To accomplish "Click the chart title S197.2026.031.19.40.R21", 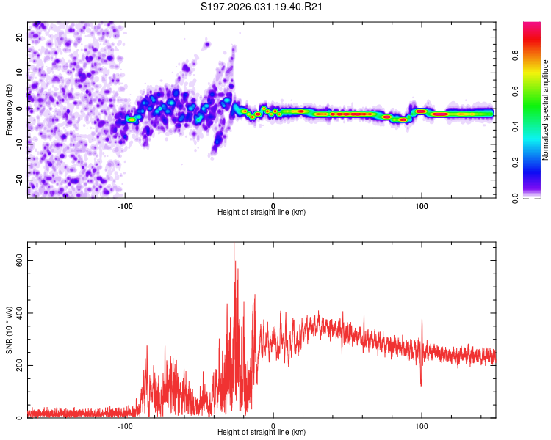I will [x=262, y=7].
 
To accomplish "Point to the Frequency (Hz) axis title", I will [x=9, y=109].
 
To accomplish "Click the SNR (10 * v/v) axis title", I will [x=9, y=330].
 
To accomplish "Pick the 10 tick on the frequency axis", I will [x=19, y=73].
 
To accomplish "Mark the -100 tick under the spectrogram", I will [x=125, y=205].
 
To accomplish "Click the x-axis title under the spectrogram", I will [x=262, y=213].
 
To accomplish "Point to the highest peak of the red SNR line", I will [x=234, y=244].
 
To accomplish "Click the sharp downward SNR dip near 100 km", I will [x=421, y=385].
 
